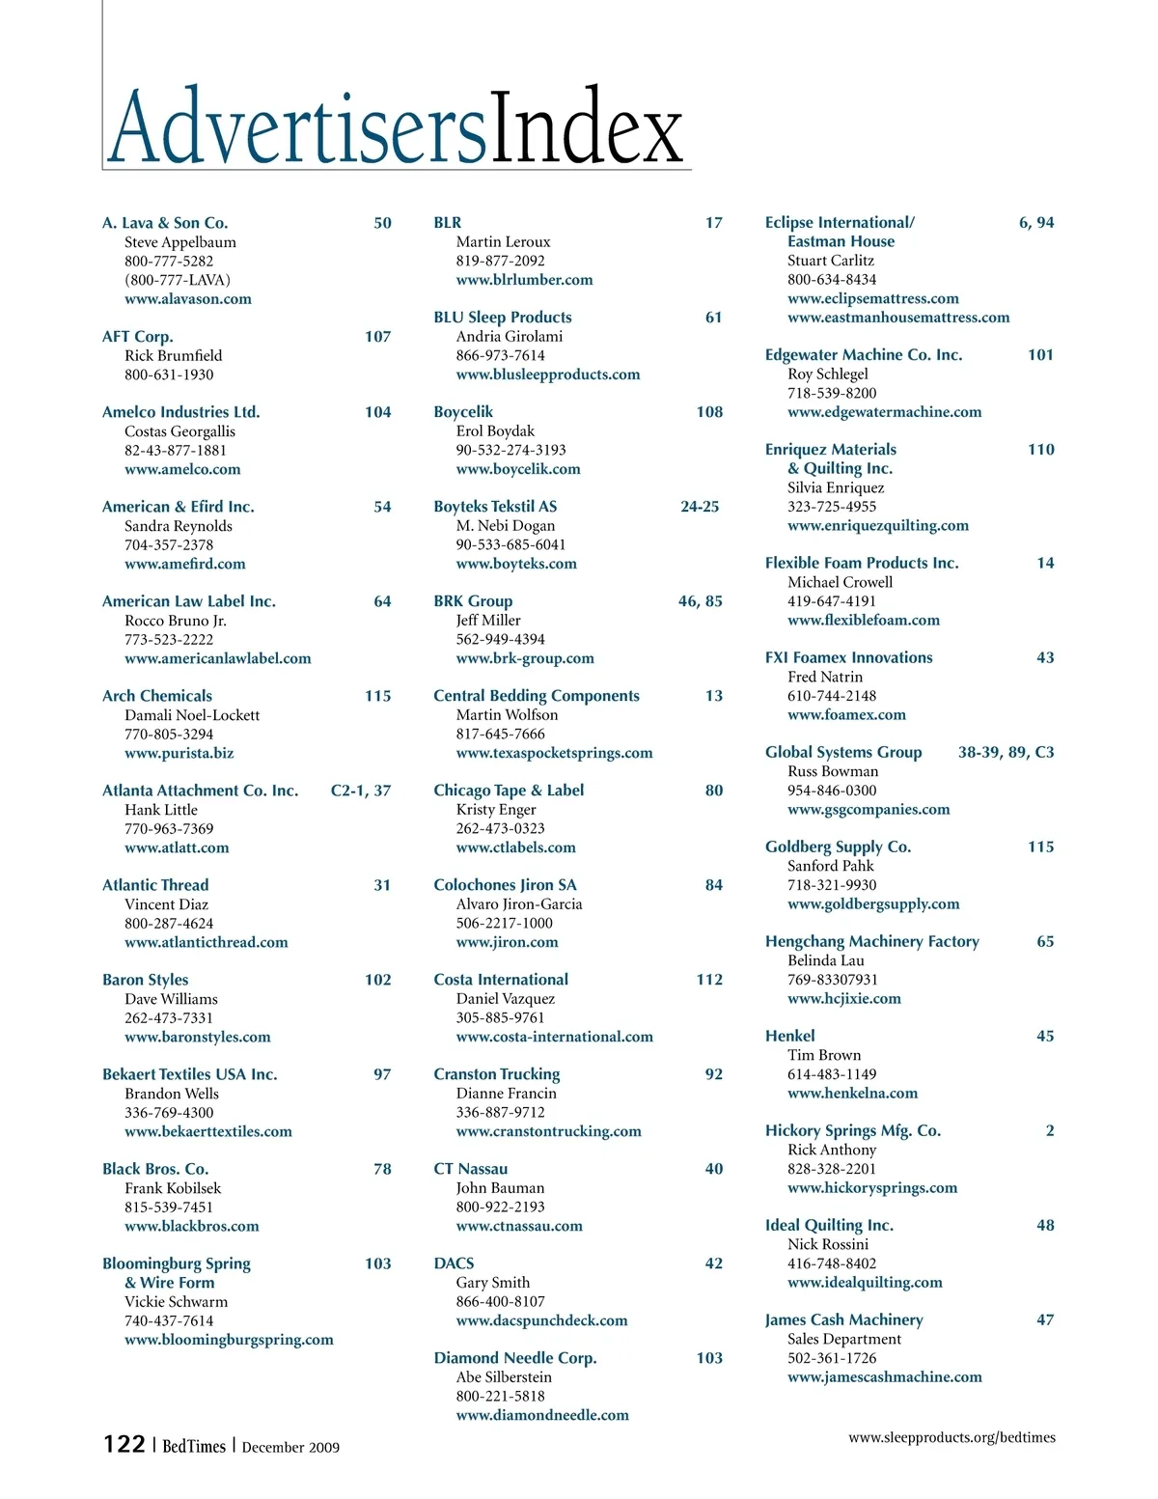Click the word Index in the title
[x=587, y=128]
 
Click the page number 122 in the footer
[x=124, y=1444]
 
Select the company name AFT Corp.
[x=138, y=336]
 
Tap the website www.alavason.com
[x=187, y=299]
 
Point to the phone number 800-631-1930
[x=169, y=375]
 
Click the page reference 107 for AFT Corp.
[x=377, y=336]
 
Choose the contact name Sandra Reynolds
[x=179, y=526]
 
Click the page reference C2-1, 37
[x=360, y=791]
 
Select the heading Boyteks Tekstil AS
[x=495, y=507]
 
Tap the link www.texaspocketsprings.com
[x=554, y=753]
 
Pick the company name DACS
[x=454, y=1263]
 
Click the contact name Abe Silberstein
[x=504, y=1377]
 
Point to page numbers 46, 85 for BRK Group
[x=700, y=601]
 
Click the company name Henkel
[x=789, y=1036]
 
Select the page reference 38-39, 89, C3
[x=1006, y=752]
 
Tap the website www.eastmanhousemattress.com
[x=898, y=318]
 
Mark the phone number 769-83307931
[x=833, y=980]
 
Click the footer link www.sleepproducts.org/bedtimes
[x=951, y=1437]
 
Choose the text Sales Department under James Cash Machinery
[x=844, y=1339]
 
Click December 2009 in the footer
[x=290, y=1447]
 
